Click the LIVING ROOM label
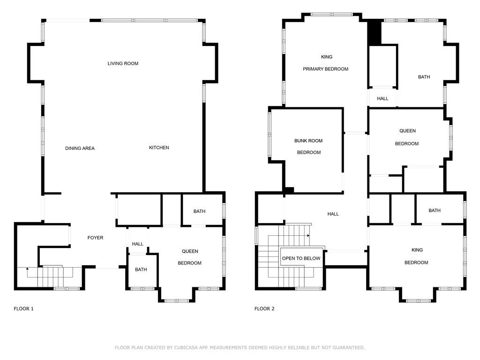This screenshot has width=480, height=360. pos(123,63)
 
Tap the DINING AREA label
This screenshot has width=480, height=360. pos(80,148)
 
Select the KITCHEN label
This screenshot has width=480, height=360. pos(159,148)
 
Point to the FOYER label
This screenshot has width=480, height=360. pos(95,238)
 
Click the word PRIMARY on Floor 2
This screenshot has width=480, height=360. pos(313,69)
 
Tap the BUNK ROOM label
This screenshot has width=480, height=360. pos(308,141)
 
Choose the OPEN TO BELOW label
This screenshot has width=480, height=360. pos(301,258)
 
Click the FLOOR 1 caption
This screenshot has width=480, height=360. pos(23,308)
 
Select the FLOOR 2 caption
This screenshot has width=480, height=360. pos(264,308)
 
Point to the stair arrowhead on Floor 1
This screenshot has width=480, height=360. pos(27,269)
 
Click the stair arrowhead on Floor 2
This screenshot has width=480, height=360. pos(308,235)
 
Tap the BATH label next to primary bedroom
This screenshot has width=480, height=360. pos(424,77)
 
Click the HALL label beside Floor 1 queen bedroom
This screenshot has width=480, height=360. pos(137,244)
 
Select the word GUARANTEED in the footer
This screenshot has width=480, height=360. pos(349,347)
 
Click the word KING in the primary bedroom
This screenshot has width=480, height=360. pos(327,57)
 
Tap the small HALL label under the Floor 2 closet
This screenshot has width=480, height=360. pos(382,98)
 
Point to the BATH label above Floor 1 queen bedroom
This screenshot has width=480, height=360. pos(199,211)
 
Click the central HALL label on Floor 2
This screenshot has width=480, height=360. pos(333,214)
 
